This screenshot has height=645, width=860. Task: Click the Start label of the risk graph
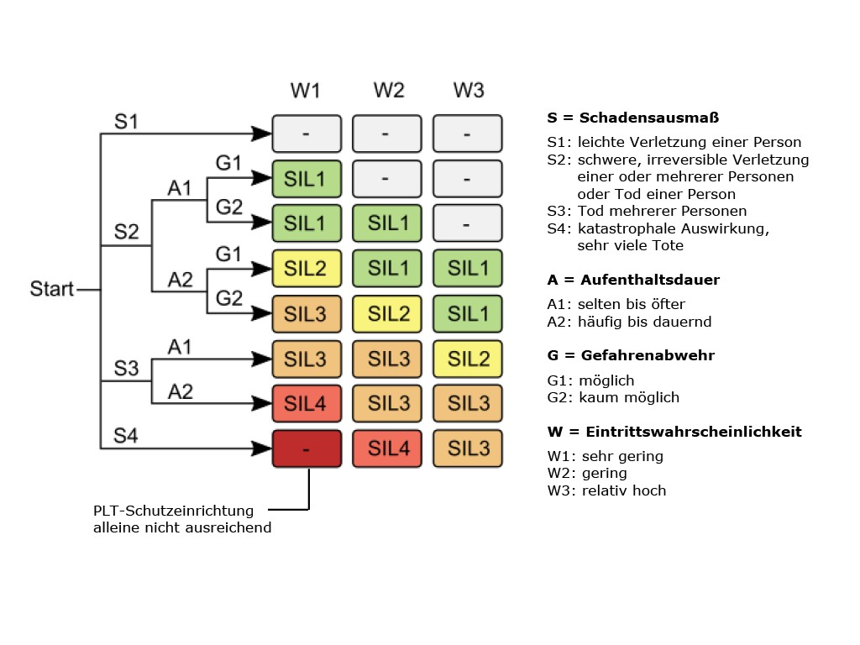(52, 290)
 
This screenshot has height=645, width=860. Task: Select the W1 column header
(306, 90)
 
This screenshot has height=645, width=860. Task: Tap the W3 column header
(468, 90)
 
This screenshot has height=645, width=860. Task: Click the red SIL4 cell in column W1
(307, 403)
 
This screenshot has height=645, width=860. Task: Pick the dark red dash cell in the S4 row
(307, 448)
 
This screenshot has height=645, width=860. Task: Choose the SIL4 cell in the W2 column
(387, 448)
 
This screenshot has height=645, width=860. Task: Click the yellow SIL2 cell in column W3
(468, 359)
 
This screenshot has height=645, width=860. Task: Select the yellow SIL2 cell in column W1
(307, 269)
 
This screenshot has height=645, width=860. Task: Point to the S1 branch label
(126, 121)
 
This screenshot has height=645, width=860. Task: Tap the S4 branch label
(126, 436)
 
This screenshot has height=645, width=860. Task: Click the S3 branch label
(126, 369)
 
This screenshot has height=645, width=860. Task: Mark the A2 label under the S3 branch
(180, 391)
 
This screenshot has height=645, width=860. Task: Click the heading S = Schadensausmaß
(632, 118)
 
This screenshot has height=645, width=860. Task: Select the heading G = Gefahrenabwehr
(630, 355)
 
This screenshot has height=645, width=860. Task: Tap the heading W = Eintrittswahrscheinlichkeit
(674, 432)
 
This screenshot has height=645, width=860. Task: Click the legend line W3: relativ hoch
(606, 490)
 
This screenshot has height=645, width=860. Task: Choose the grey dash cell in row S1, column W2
(387, 134)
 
